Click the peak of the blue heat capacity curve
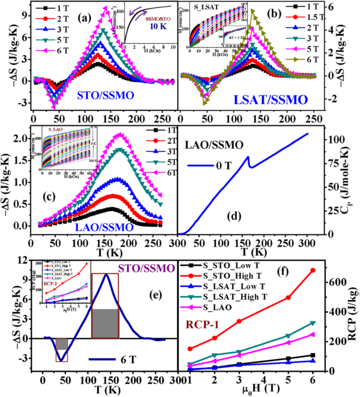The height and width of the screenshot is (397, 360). coord(248,156)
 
